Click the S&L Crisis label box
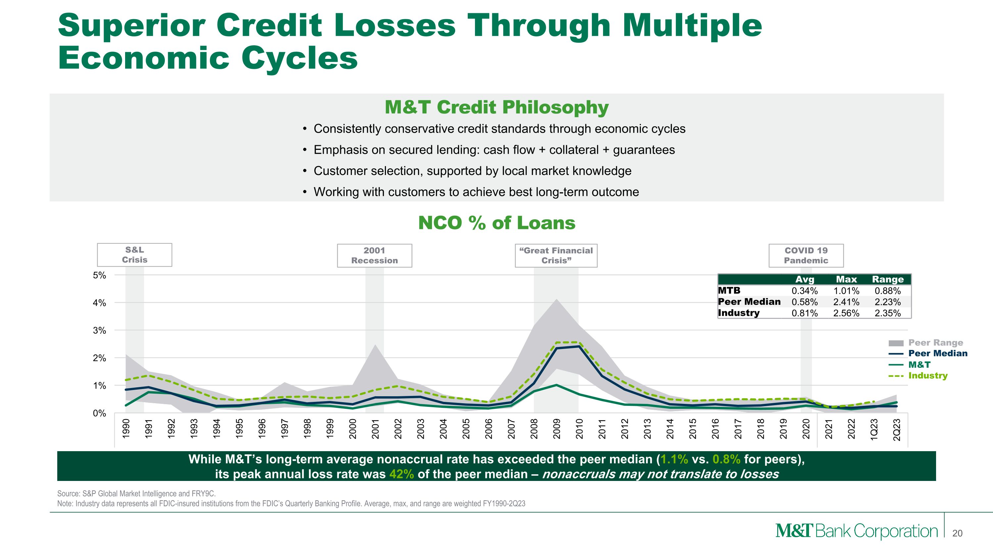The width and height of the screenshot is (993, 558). click(x=134, y=255)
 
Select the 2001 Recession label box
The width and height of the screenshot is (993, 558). click(x=374, y=255)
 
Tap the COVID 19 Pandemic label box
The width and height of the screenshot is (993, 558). click(x=806, y=255)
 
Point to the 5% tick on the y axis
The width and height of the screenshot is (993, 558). click(x=99, y=275)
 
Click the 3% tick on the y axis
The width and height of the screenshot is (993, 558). click(x=99, y=330)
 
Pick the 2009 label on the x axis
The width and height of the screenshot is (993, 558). click(x=556, y=429)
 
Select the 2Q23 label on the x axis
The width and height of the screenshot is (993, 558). click(x=897, y=429)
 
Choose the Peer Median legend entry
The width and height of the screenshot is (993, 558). click(x=937, y=353)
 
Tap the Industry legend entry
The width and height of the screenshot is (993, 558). click(x=927, y=375)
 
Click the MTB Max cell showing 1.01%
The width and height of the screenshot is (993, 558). click(x=846, y=291)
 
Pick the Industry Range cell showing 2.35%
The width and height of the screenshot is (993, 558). click(x=887, y=313)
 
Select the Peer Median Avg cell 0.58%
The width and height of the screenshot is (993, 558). click(x=805, y=302)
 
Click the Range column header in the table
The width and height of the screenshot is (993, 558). click(x=887, y=279)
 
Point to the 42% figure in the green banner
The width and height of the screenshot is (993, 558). click(x=401, y=474)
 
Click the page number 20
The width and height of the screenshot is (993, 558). click(x=957, y=533)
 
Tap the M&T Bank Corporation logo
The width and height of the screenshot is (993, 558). click(x=856, y=531)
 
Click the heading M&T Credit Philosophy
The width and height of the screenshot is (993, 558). click(x=496, y=107)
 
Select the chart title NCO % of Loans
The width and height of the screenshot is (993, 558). click(x=496, y=223)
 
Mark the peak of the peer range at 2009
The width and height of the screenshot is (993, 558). click(x=557, y=299)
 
